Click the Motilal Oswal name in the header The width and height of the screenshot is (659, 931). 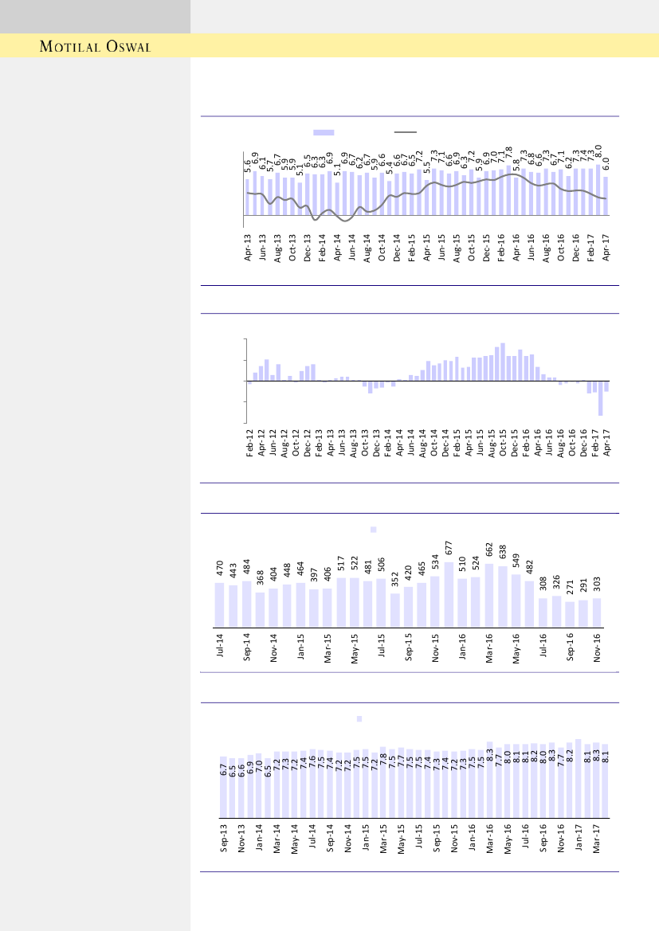click(96, 46)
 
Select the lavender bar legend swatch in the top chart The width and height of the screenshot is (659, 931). click(324, 132)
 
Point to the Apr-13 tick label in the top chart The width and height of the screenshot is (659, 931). click(248, 248)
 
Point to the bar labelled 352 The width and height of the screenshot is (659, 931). click(394, 610)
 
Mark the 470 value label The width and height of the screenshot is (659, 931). click(219, 569)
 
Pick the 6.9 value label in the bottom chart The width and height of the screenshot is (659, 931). click(250, 769)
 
